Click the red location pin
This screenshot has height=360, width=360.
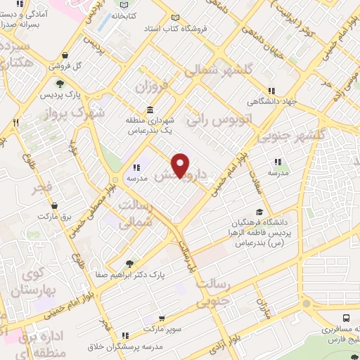[181, 165]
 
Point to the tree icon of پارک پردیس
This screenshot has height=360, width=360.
[58, 85]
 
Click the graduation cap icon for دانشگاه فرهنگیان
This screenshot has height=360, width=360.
[260, 212]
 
